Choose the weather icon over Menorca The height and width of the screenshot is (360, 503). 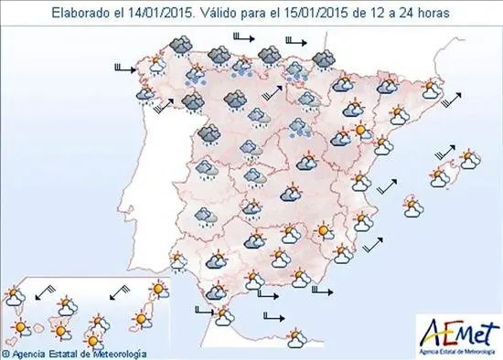[470, 161]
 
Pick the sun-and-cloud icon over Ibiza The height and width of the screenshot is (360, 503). [412, 208]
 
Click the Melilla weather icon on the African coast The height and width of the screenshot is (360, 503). [295, 338]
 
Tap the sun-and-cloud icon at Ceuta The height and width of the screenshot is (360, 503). [223, 316]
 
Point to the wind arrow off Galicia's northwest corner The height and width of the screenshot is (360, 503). [123, 67]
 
